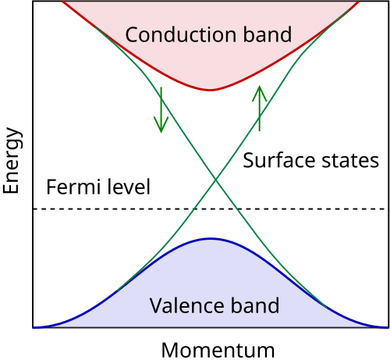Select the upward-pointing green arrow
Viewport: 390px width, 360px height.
click(x=260, y=108)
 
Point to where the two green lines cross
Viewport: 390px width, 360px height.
click(x=215, y=182)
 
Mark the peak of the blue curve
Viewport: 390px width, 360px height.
click(x=210, y=238)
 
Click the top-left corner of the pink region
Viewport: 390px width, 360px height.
click(x=63, y=2)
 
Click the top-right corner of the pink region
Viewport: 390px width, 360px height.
click(x=358, y=2)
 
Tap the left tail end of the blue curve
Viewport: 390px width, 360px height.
click(x=34, y=327)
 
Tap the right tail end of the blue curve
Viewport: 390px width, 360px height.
click(x=387, y=327)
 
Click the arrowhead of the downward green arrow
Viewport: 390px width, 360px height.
click(x=161, y=130)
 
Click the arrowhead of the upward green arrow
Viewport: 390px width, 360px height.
click(x=260, y=87)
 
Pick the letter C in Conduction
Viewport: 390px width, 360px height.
click(x=132, y=35)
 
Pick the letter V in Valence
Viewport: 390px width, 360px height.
click(x=155, y=305)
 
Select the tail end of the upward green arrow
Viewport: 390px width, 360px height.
click(x=260, y=130)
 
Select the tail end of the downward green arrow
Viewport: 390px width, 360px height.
click(x=161, y=87)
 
